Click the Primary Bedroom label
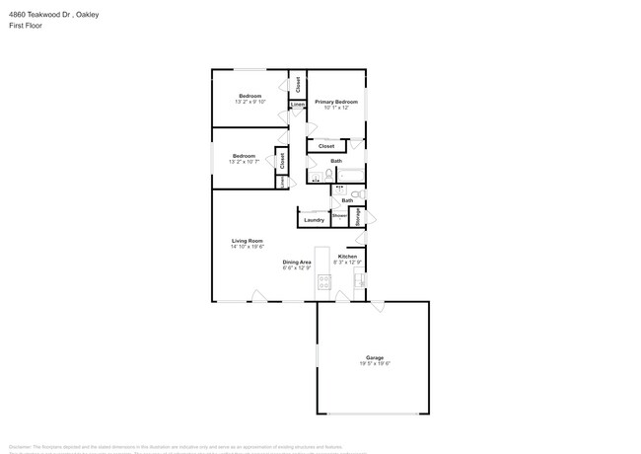335,102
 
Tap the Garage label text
375,357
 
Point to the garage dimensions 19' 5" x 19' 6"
375,364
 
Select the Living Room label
247,241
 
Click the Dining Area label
297,262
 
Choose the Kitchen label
347,257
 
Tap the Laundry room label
314,219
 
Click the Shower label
339,215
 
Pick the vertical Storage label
358,217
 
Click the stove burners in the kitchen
323,283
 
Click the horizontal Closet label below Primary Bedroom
326,146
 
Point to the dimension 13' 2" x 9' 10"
249,102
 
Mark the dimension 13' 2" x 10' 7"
244,162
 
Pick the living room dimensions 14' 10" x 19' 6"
247,247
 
